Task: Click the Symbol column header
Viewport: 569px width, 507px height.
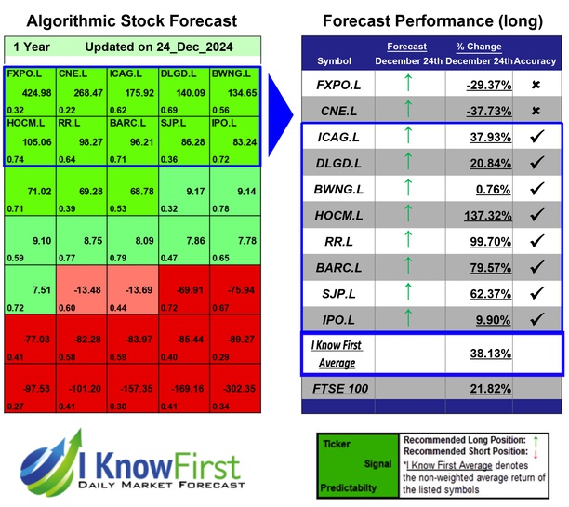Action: click(x=335, y=60)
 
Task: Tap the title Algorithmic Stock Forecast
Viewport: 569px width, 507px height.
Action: click(x=131, y=21)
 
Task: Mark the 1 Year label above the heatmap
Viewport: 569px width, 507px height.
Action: click(x=33, y=47)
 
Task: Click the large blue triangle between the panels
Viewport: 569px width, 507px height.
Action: click(x=281, y=102)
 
